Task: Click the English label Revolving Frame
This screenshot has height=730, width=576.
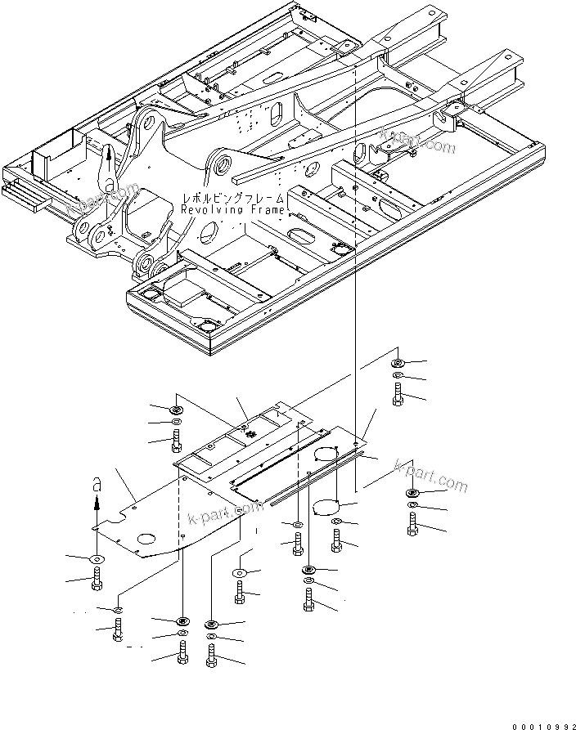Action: (x=233, y=210)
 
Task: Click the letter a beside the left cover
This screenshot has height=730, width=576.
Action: (x=97, y=484)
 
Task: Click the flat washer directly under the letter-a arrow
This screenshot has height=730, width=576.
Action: (x=97, y=558)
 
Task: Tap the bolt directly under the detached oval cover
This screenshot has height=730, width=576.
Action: (x=337, y=538)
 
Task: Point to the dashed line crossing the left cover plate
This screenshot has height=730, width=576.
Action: (x=178, y=523)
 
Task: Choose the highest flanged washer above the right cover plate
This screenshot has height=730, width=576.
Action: (x=397, y=362)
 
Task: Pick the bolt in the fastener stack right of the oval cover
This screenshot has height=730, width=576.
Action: (x=412, y=522)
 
